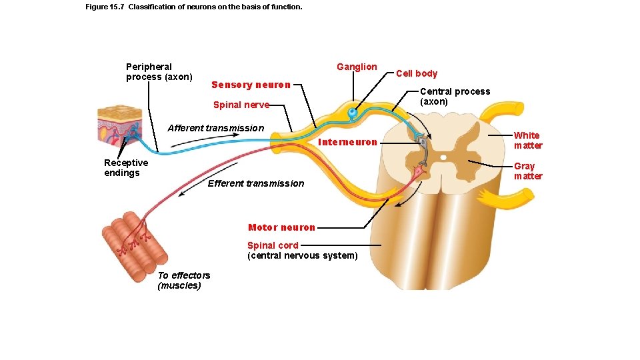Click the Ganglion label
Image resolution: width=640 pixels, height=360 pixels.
tap(357, 67)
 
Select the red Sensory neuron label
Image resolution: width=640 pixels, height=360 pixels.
tap(251, 85)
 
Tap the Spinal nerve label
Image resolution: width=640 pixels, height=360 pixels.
tap(241, 105)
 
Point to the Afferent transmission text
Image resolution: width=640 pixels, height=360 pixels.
tap(215, 128)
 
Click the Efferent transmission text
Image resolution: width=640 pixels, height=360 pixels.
tap(255, 183)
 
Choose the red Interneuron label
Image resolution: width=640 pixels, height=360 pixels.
tap(348, 142)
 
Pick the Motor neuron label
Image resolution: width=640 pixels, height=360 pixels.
tap(281, 227)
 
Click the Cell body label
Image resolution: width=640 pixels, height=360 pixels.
tap(417, 73)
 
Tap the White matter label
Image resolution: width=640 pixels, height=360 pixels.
tap(527, 140)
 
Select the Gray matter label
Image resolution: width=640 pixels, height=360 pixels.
tap(527, 171)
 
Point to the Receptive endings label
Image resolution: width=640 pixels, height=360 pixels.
tap(126, 167)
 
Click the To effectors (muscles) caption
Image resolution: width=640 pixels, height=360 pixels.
tap(183, 280)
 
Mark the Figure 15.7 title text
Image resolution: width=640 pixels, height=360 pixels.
tap(194, 7)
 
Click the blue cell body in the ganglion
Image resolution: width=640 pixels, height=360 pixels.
tap(351, 113)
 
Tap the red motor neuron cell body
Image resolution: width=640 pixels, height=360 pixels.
tap(419, 173)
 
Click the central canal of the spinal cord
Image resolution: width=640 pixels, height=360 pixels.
tap(443, 157)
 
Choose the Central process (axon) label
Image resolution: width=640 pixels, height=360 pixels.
tap(454, 96)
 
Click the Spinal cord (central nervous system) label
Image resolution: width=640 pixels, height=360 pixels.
tap(302, 250)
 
